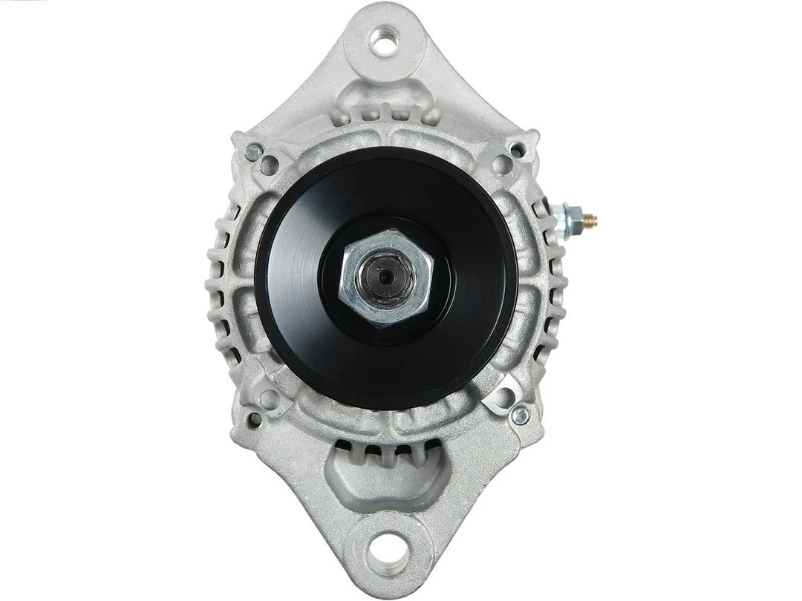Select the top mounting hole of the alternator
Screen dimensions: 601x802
click(x=385, y=41)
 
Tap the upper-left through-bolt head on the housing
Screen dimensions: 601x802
click(x=253, y=154)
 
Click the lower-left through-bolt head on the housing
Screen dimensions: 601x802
click(x=254, y=419)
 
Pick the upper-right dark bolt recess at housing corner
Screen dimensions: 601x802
click(x=517, y=150)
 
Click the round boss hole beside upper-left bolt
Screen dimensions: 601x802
click(x=270, y=165)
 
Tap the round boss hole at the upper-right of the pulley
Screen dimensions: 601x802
click(x=503, y=165)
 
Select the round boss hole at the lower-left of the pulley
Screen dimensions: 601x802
click(x=270, y=400)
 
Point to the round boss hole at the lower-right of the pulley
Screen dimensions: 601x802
click(x=503, y=398)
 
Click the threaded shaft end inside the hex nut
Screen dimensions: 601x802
click(x=385, y=278)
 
